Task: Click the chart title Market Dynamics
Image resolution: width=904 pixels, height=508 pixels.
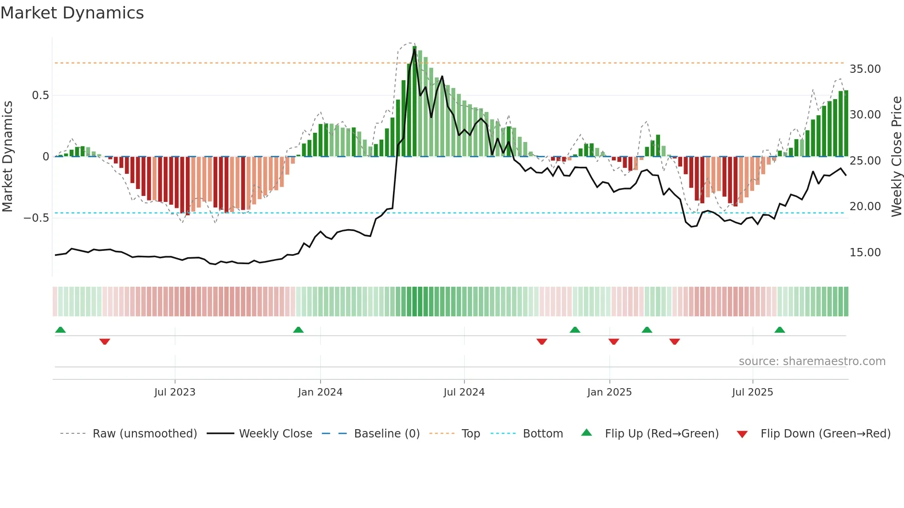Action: coord(72,13)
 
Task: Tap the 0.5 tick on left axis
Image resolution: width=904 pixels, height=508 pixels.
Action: coord(40,95)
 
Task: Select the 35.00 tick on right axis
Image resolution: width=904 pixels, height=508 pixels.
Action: coord(865,69)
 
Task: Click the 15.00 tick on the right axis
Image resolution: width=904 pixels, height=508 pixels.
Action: coord(865,253)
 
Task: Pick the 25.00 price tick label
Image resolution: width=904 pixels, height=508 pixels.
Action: coord(865,161)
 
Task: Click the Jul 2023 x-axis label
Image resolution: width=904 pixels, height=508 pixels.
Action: coord(175,392)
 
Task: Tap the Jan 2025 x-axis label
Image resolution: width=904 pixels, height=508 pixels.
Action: coord(609,392)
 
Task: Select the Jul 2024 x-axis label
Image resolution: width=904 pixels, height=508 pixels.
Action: coord(464,392)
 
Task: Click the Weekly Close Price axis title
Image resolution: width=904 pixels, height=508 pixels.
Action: coord(896,156)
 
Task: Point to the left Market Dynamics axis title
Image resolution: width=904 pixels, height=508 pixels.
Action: coord(7,156)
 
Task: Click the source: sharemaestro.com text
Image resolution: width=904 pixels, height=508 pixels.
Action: coord(812,361)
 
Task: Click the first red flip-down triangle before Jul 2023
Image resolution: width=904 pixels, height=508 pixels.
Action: coord(105,342)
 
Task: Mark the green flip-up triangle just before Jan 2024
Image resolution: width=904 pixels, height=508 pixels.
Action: coord(298,330)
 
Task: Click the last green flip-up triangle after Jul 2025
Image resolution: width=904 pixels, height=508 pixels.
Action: coord(779,330)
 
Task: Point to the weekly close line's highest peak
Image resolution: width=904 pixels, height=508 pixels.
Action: coord(414,49)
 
